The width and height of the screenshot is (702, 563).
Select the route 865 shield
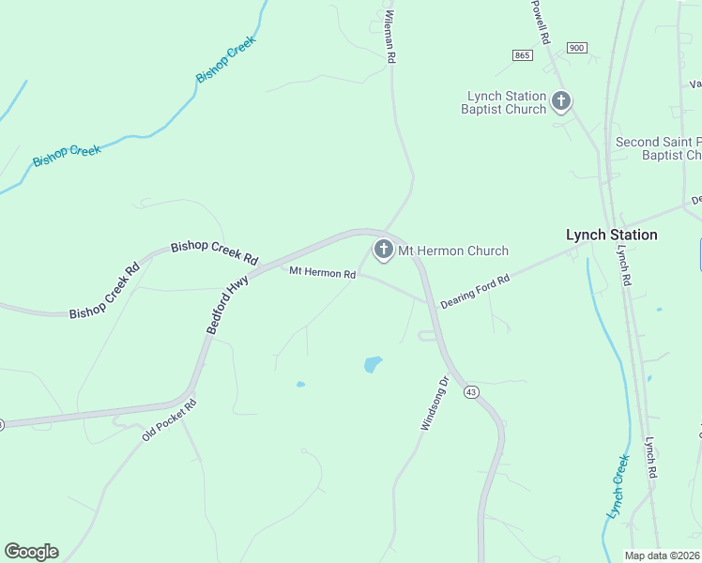coord(523,55)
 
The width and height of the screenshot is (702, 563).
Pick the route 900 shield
coord(576,48)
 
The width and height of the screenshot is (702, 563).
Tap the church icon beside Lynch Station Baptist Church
coord(561,100)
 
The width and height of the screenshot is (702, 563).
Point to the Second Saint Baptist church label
coord(658,148)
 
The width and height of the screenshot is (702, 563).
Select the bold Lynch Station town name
coord(611,235)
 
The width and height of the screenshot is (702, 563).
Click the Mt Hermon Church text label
coord(453,251)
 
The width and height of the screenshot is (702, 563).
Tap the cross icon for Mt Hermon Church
coord(383,250)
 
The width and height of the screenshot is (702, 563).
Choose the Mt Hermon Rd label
coord(322,273)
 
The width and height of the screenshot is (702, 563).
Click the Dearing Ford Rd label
coord(475,292)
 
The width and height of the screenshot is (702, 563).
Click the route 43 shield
coord(471,392)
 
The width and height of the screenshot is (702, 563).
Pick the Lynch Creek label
coord(618,486)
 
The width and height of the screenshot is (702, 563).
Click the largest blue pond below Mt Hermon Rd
coord(373,363)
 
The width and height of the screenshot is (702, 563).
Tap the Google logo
coord(31,552)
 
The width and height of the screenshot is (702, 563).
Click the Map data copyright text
coord(663,555)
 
